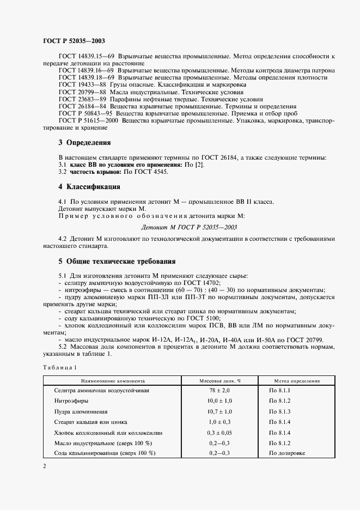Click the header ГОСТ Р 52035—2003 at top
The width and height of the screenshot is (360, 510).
[74, 41]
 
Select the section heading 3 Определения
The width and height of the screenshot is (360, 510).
[84, 143]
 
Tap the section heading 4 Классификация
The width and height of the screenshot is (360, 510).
[89, 187]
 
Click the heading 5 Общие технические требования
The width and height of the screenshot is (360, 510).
[117, 260]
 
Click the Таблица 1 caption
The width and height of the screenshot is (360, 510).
[61, 368]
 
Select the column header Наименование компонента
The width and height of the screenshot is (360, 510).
[113, 381]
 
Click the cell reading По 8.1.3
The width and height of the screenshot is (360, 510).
[280, 411]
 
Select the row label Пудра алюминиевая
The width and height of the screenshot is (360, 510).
[81, 411]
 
